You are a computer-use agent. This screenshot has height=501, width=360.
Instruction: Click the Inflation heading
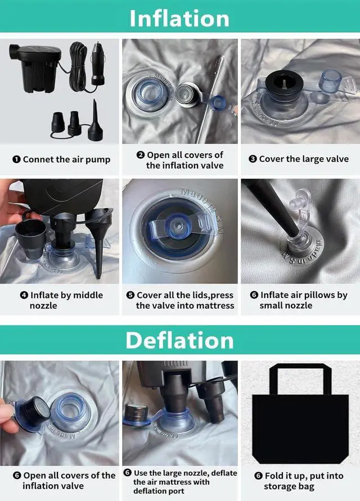[179, 19]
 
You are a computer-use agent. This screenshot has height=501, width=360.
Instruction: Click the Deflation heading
[179, 341]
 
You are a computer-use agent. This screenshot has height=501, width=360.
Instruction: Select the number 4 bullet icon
[24, 295]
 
